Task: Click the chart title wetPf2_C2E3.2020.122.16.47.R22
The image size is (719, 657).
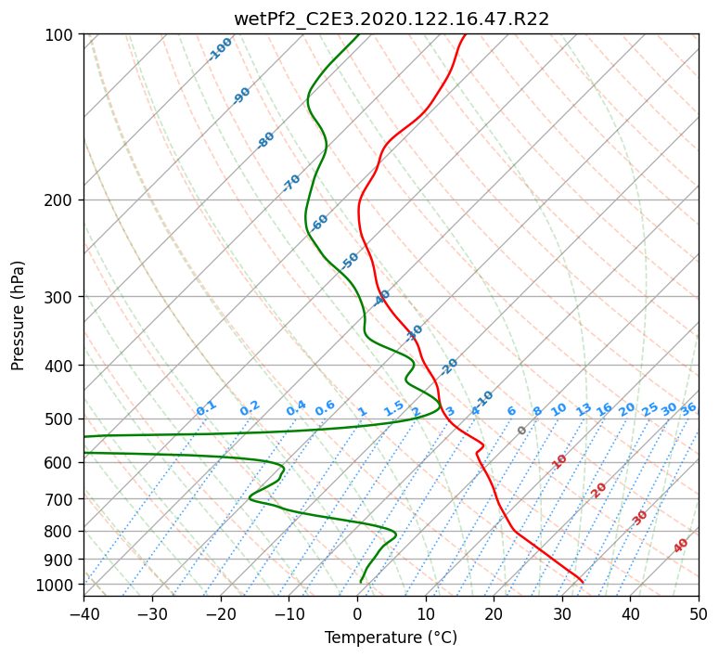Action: tap(392, 19)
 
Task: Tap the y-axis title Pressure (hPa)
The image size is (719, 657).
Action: tap(18, 316)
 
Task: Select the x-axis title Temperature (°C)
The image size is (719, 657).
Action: tap(392, 638)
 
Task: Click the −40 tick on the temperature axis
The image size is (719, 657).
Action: tap(84, 613)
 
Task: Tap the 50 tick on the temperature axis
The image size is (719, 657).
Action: tap(699, 613)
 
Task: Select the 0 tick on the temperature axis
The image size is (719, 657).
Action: tap(358, 613)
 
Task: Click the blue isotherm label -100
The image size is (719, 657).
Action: tap(220, 49)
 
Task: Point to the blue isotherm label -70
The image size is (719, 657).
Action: tap(291, 183)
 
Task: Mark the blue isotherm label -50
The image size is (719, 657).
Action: tap(350, 261)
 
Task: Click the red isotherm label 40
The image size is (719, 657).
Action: tap(680, 546)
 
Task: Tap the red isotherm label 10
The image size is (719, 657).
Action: tap(559, 461)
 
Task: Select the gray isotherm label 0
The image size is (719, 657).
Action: tap(521, 431)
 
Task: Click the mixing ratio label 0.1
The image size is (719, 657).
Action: tap(206, 408)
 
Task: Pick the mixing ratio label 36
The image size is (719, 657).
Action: tap(688, 409)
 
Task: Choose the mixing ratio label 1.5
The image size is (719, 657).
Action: tap(393, 408)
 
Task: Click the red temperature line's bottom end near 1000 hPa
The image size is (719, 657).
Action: tap(583, 582)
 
